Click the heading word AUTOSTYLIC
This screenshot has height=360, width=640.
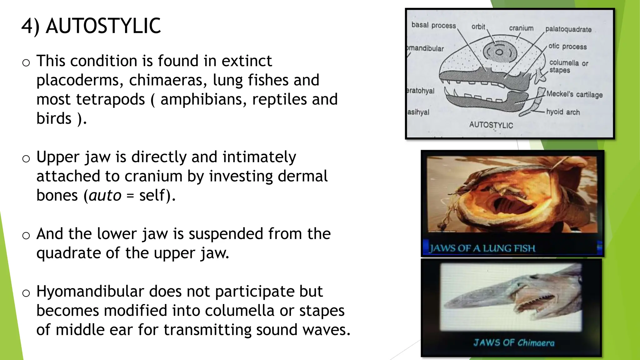pos(103,26)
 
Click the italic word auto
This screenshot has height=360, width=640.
pos(105,196)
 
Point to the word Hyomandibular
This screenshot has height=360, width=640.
pos(90,292)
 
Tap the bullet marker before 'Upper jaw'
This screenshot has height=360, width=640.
pos(26,159)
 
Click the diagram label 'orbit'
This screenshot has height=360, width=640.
pos(478,27)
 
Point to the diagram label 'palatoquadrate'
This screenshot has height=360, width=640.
pos(568,29)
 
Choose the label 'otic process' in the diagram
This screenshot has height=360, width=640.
pos(567,47)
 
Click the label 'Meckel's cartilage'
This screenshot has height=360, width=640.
pos(574,94)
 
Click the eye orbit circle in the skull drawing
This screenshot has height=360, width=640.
pos(499,52)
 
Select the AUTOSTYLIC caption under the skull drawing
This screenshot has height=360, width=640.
pos(491,125)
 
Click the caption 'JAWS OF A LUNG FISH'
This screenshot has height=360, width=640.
pos(482,248)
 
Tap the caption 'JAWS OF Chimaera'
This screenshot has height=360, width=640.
pos(513,343)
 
